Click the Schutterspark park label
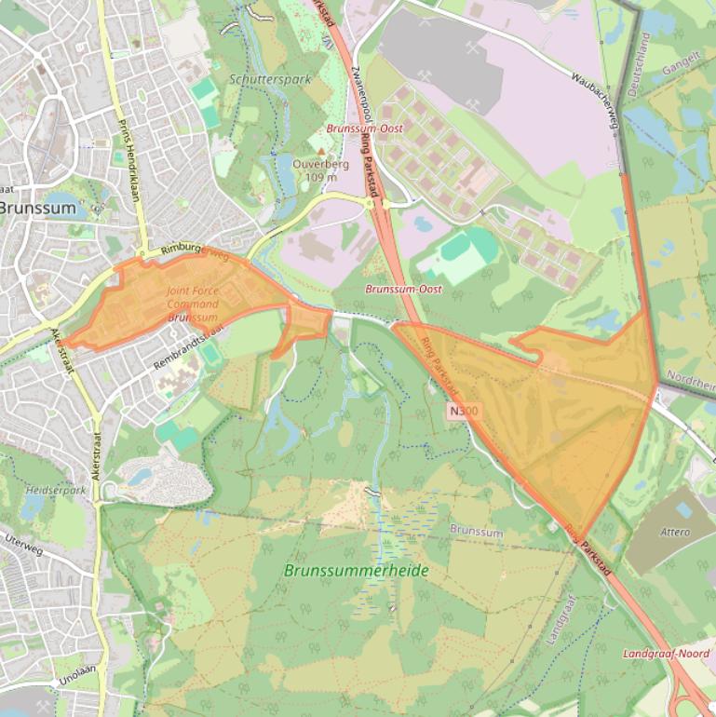click(269, 80)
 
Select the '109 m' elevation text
click(320, 177)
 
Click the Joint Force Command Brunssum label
click(193, 304)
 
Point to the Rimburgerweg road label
click(194, 250)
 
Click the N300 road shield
click(456, 411)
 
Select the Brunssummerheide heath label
click(357, 570)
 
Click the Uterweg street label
click(24, 542)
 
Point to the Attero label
click(674, 533)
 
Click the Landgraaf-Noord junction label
click(666, 654)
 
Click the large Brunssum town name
click(37, 208)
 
